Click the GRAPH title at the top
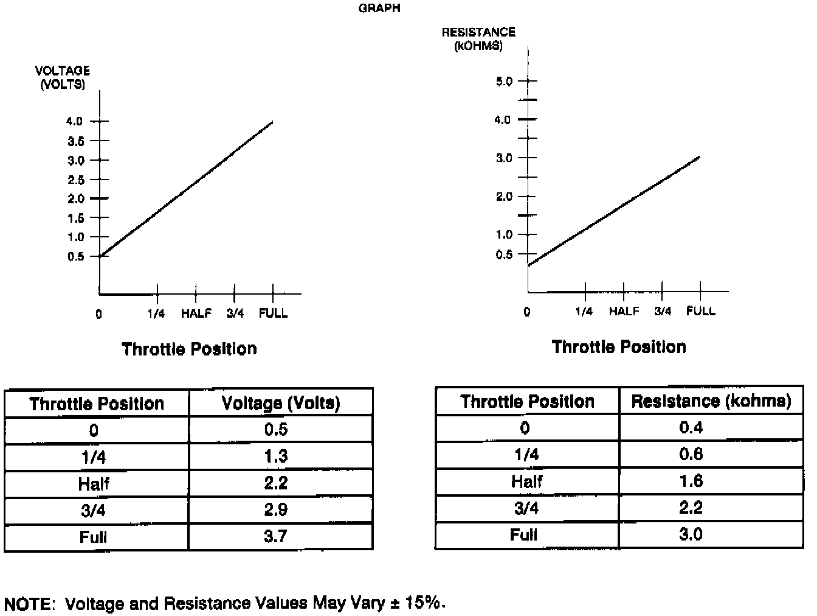(379, 9)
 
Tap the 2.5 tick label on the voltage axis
(75, 180)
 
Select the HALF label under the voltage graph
(196, 313)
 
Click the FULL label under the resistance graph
(701, 311)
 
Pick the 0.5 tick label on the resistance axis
(504, 254)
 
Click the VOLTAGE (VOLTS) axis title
(62, 77)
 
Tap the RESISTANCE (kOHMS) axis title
(478, 39)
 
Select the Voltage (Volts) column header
(280, 403)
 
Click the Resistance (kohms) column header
(711, 401)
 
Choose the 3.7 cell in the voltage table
(275, 536)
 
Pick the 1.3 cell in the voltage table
(275, 456)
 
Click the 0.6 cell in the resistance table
(691, 454)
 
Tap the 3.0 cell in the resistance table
(691, 534)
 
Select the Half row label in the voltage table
(94, 483)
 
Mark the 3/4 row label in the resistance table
(526, 508)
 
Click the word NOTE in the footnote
(28, 604)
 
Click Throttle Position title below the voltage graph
(189, 349)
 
